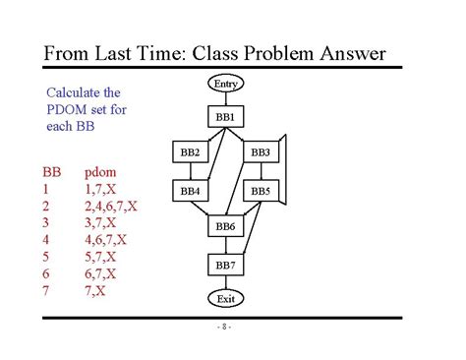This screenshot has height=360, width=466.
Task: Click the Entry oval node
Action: click(225, 86)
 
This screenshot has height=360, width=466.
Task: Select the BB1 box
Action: click(225, 117)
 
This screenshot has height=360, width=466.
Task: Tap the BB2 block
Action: click(190, 152)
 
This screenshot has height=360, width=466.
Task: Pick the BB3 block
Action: click(260, 152)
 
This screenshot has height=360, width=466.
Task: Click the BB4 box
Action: click(190, 190)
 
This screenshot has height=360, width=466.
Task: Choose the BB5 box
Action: click(260, 190)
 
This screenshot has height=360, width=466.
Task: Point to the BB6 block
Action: click(225, 227)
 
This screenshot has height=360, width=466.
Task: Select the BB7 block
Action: click(225, 265)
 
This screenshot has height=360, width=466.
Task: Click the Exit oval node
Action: click(225, 297)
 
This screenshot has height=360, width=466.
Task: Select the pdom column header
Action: click(101, 171)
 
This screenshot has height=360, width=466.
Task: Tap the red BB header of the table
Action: click(50, 171)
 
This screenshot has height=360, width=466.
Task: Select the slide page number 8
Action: click(225, 327)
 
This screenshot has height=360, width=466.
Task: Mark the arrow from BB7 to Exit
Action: click(225, 281)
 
